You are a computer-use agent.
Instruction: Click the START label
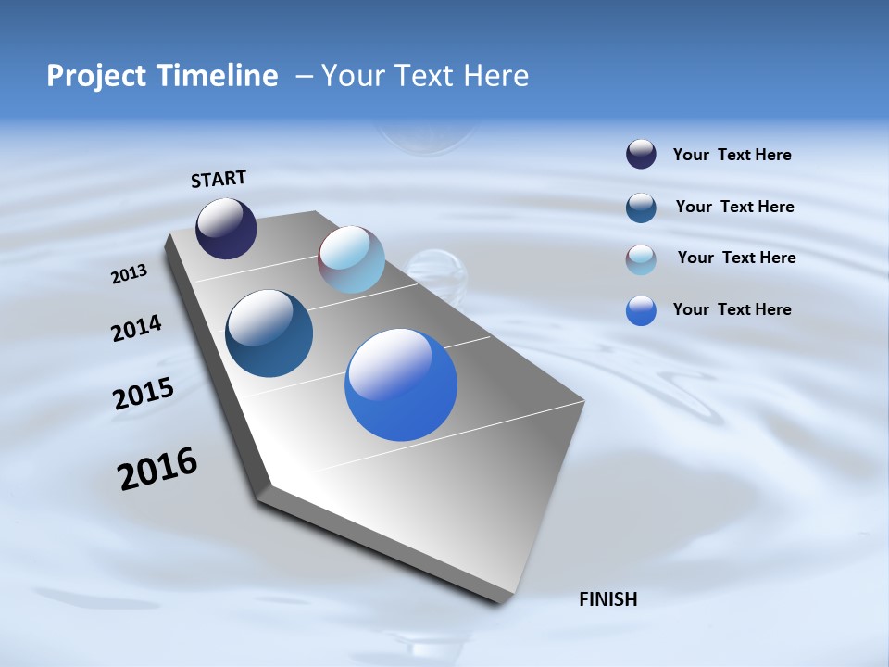(x=219, y=179)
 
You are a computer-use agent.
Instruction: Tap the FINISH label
(x=607, y=599)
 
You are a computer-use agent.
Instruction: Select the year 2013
(x=129, y=274)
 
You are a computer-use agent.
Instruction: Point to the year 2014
(x=136, y=329)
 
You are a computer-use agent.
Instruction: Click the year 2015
(x=143, y=394)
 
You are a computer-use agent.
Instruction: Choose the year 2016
(x=157, y=469)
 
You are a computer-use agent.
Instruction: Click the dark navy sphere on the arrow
(x=226, y=228)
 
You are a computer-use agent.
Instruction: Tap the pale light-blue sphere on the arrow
(x=351, y=259)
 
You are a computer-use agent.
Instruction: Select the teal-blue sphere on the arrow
(x=269, y=333)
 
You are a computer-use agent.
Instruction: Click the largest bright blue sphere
(x=401, y=384)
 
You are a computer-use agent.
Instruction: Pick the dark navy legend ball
(x=641, y=154)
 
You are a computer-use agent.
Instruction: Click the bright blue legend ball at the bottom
(x=641, y=310)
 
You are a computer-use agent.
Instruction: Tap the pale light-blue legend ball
(x=641, y=259)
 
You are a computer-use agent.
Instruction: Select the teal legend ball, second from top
(x=641, y=208)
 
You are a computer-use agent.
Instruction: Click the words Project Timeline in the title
(x=162, y=76)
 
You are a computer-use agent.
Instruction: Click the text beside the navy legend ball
(x=732, y=156)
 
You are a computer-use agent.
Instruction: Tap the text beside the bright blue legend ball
(x=732, y=309)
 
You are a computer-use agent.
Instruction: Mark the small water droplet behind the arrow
(x=433, y=269)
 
